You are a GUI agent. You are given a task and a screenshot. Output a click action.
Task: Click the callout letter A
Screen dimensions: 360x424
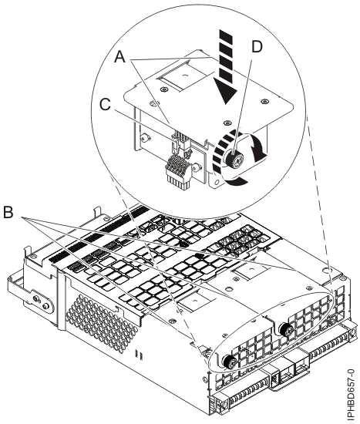click(120, 57)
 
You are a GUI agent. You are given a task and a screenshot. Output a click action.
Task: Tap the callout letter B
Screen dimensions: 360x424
click(8, 212)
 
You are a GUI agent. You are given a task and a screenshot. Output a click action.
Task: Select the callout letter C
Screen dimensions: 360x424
click(105, 105)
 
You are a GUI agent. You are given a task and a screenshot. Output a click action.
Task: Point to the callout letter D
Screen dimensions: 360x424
click(257, 47)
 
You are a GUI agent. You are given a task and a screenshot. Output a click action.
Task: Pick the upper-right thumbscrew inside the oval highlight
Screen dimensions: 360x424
click(286, 330)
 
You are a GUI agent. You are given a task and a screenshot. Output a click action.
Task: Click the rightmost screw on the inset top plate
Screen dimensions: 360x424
click(263, 102)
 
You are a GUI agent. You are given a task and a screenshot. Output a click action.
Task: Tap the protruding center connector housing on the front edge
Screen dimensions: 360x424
click(287, 370)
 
